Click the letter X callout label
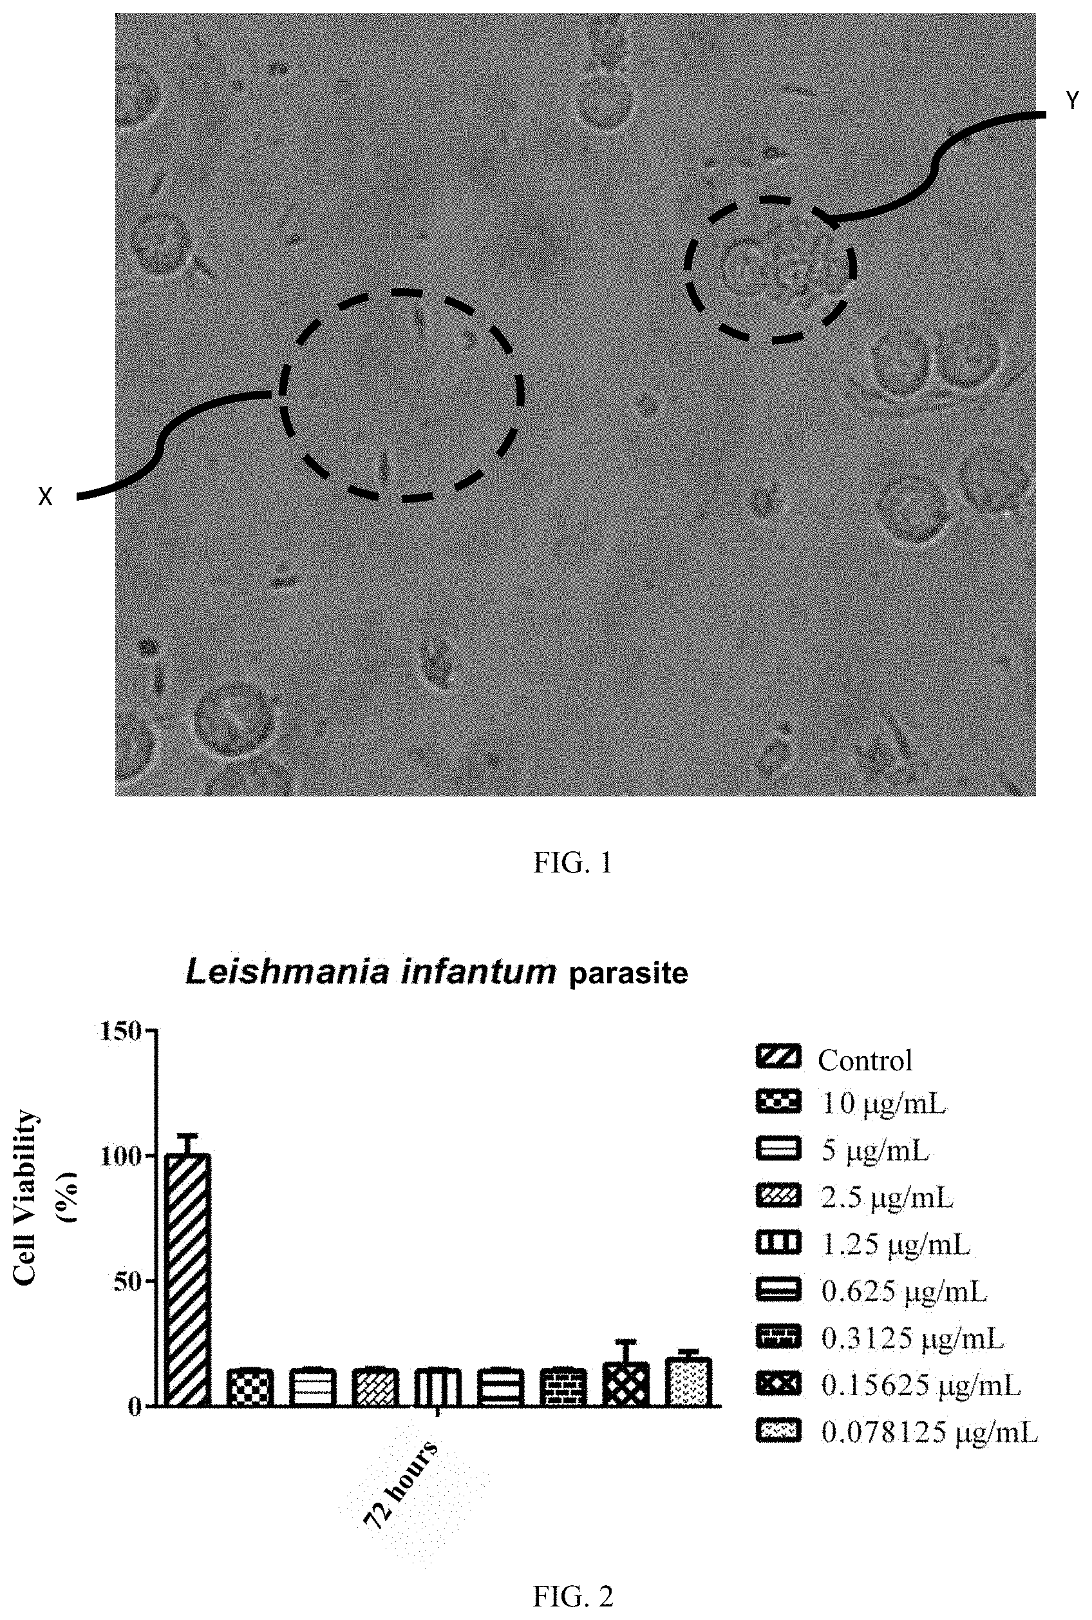(x=45, y=497)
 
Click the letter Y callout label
(x=1073, y=102)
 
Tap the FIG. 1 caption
(x=572, y=863)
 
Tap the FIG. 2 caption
(x=572, y=1596)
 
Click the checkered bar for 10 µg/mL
(x=250, y=1387)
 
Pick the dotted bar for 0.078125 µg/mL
(x=689, y=1382)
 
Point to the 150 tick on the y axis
(x=121, y=1030)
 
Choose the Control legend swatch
(x=778, y=1057)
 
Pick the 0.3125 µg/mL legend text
(x=912, y=1338)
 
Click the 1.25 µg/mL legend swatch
(x=778, y=1244)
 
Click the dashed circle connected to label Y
(x=770, y=269)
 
